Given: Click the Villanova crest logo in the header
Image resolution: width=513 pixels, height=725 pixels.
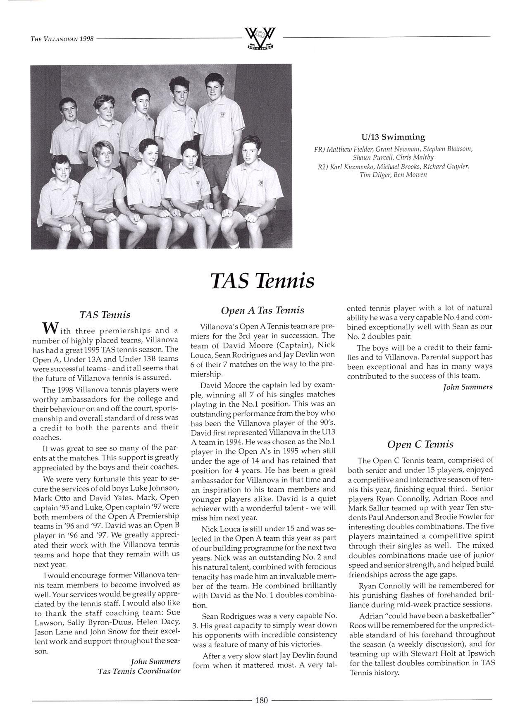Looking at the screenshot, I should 260,38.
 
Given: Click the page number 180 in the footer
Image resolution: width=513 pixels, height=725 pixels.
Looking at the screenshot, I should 262,700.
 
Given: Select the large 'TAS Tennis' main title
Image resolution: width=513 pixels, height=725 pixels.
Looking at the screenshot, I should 262,281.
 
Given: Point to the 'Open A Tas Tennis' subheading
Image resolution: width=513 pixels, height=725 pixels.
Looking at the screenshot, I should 262,310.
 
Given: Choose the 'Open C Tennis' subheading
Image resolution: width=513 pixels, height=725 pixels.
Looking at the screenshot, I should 420,444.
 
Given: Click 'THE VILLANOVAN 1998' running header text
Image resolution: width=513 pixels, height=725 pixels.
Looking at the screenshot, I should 62,39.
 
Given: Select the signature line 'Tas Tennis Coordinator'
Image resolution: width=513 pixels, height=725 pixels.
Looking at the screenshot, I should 139,670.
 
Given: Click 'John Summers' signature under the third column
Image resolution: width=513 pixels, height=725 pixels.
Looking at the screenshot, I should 468,387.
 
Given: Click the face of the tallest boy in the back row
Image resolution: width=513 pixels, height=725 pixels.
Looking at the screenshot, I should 214,89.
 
